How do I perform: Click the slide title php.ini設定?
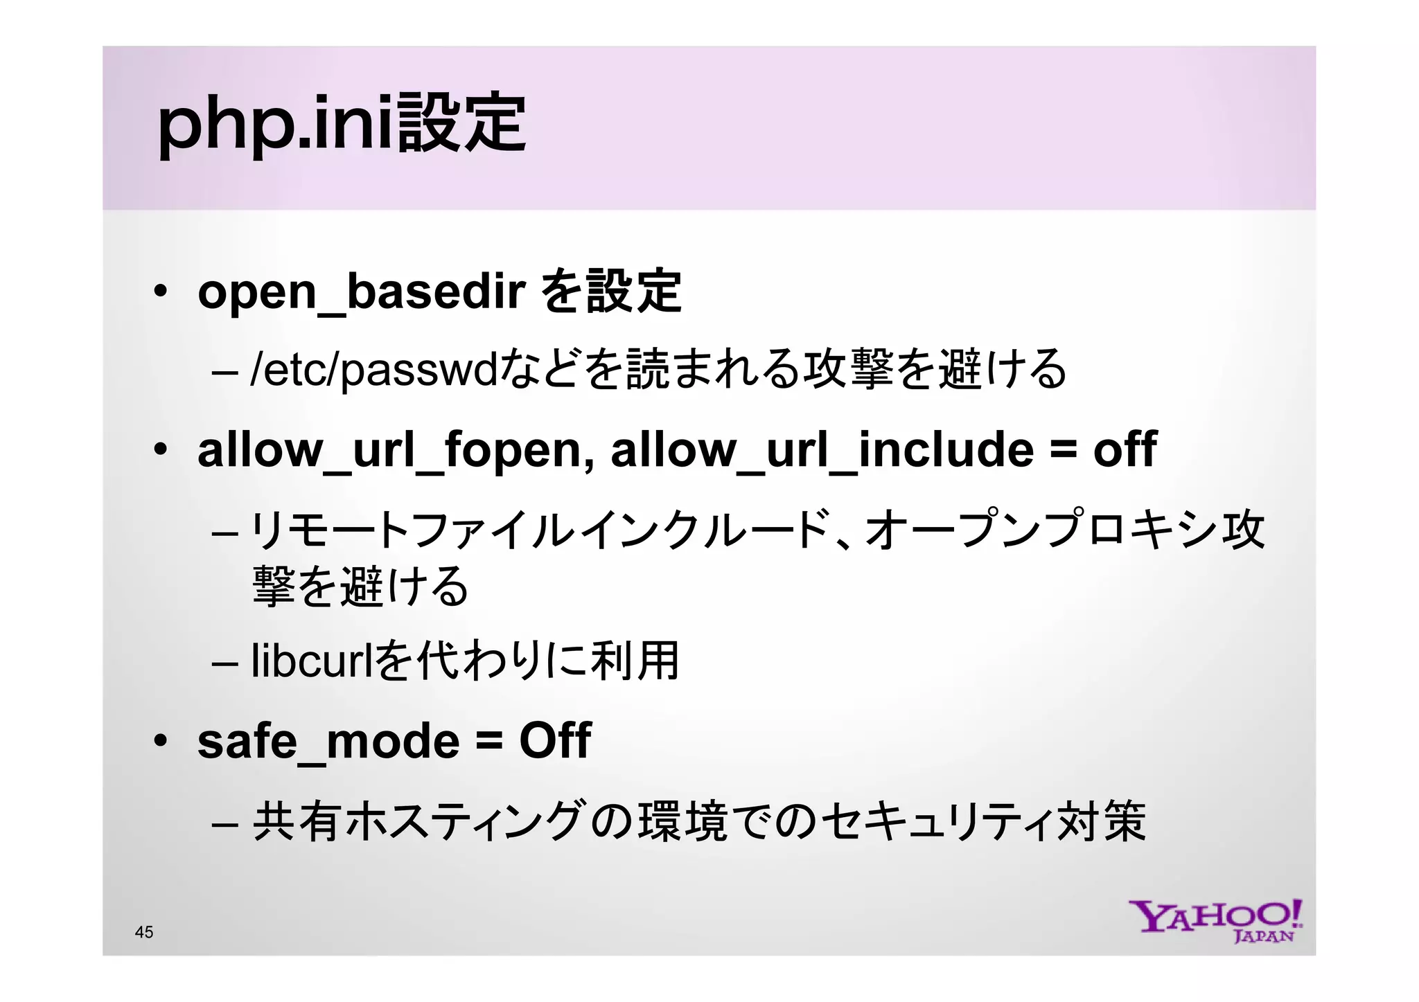tap(342, 125)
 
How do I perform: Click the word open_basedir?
tap(361, 292)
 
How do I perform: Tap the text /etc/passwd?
tap(374, 370)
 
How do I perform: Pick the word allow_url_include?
tap(822, 450)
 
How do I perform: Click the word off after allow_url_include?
tap(1125, 450)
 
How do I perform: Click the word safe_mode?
tap(328, 741)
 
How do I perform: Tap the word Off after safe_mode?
tap(555, 741)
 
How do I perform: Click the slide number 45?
tap(144, 932)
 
